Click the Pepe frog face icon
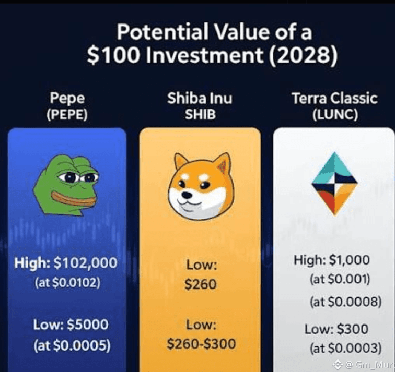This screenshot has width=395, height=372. tap(66, 185)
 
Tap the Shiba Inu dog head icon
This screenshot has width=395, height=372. tap(201, 186)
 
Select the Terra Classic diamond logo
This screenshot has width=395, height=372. tap(334, 184)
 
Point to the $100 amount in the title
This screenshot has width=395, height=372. tap(113, 55)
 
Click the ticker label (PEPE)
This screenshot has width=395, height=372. tap(67, 114)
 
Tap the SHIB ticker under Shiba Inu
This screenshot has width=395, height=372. tap(201, 114)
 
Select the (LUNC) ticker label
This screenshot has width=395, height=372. tap(335, 114)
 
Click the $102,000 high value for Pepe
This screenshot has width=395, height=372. tap(86, 262)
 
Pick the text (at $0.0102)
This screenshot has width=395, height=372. tap(67, 282)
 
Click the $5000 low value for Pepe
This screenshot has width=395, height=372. tap(88, 324)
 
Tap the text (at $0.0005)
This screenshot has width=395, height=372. tap(72, 345)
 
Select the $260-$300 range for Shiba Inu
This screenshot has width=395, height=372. tap(201, 344)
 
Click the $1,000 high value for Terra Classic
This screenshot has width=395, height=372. tap(350, 260)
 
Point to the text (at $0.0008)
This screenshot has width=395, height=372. tap(346, 302)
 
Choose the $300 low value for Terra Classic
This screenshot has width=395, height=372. tap(353, 329)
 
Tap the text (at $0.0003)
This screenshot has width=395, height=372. tap(346, 348)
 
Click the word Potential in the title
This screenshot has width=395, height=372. tap(162, 32)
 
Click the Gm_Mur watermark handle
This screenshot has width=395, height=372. tap(375, 364)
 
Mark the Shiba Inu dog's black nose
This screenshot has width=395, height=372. tap(187, 195)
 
